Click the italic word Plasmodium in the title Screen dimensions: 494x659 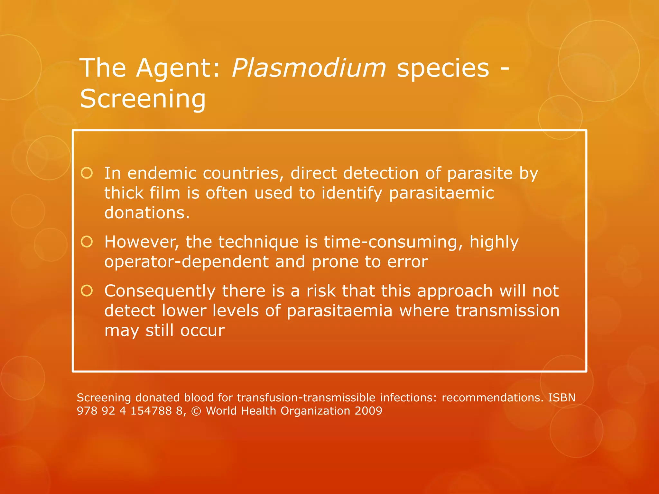pos(308,68)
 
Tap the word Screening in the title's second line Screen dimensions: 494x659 pos(143,99)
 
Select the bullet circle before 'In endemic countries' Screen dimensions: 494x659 pos(87,173)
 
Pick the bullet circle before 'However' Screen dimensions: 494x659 pos(87,242)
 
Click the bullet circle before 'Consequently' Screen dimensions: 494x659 pos(87,291)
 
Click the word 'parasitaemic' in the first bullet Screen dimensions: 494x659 pos(441,194)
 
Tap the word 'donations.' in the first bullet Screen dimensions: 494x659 pos(147,213)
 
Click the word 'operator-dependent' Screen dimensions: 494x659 pos(186,262)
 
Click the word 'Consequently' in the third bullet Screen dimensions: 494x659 pos(160,291)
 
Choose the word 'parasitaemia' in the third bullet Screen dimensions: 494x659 pos(339,311)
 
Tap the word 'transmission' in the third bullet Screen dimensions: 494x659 pos(507,311)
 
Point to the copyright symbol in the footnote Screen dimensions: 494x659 pos(196,411)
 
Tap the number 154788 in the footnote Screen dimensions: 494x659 pos(151,411)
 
